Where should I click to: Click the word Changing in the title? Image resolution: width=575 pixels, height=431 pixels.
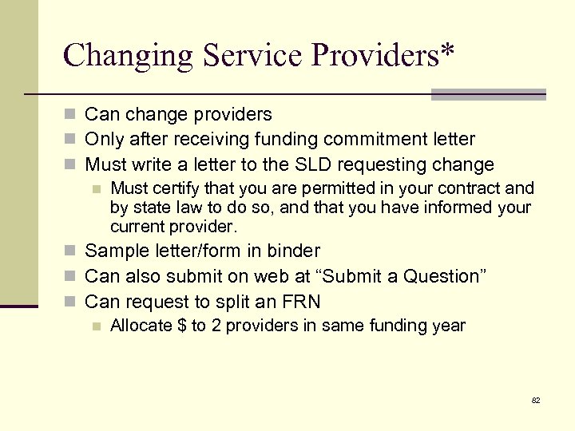(128, 55)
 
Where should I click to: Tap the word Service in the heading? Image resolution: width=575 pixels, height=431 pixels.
(253, 55)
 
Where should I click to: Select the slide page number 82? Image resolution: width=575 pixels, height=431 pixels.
(536, 400)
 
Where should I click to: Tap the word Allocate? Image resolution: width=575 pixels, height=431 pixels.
(141, 326)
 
